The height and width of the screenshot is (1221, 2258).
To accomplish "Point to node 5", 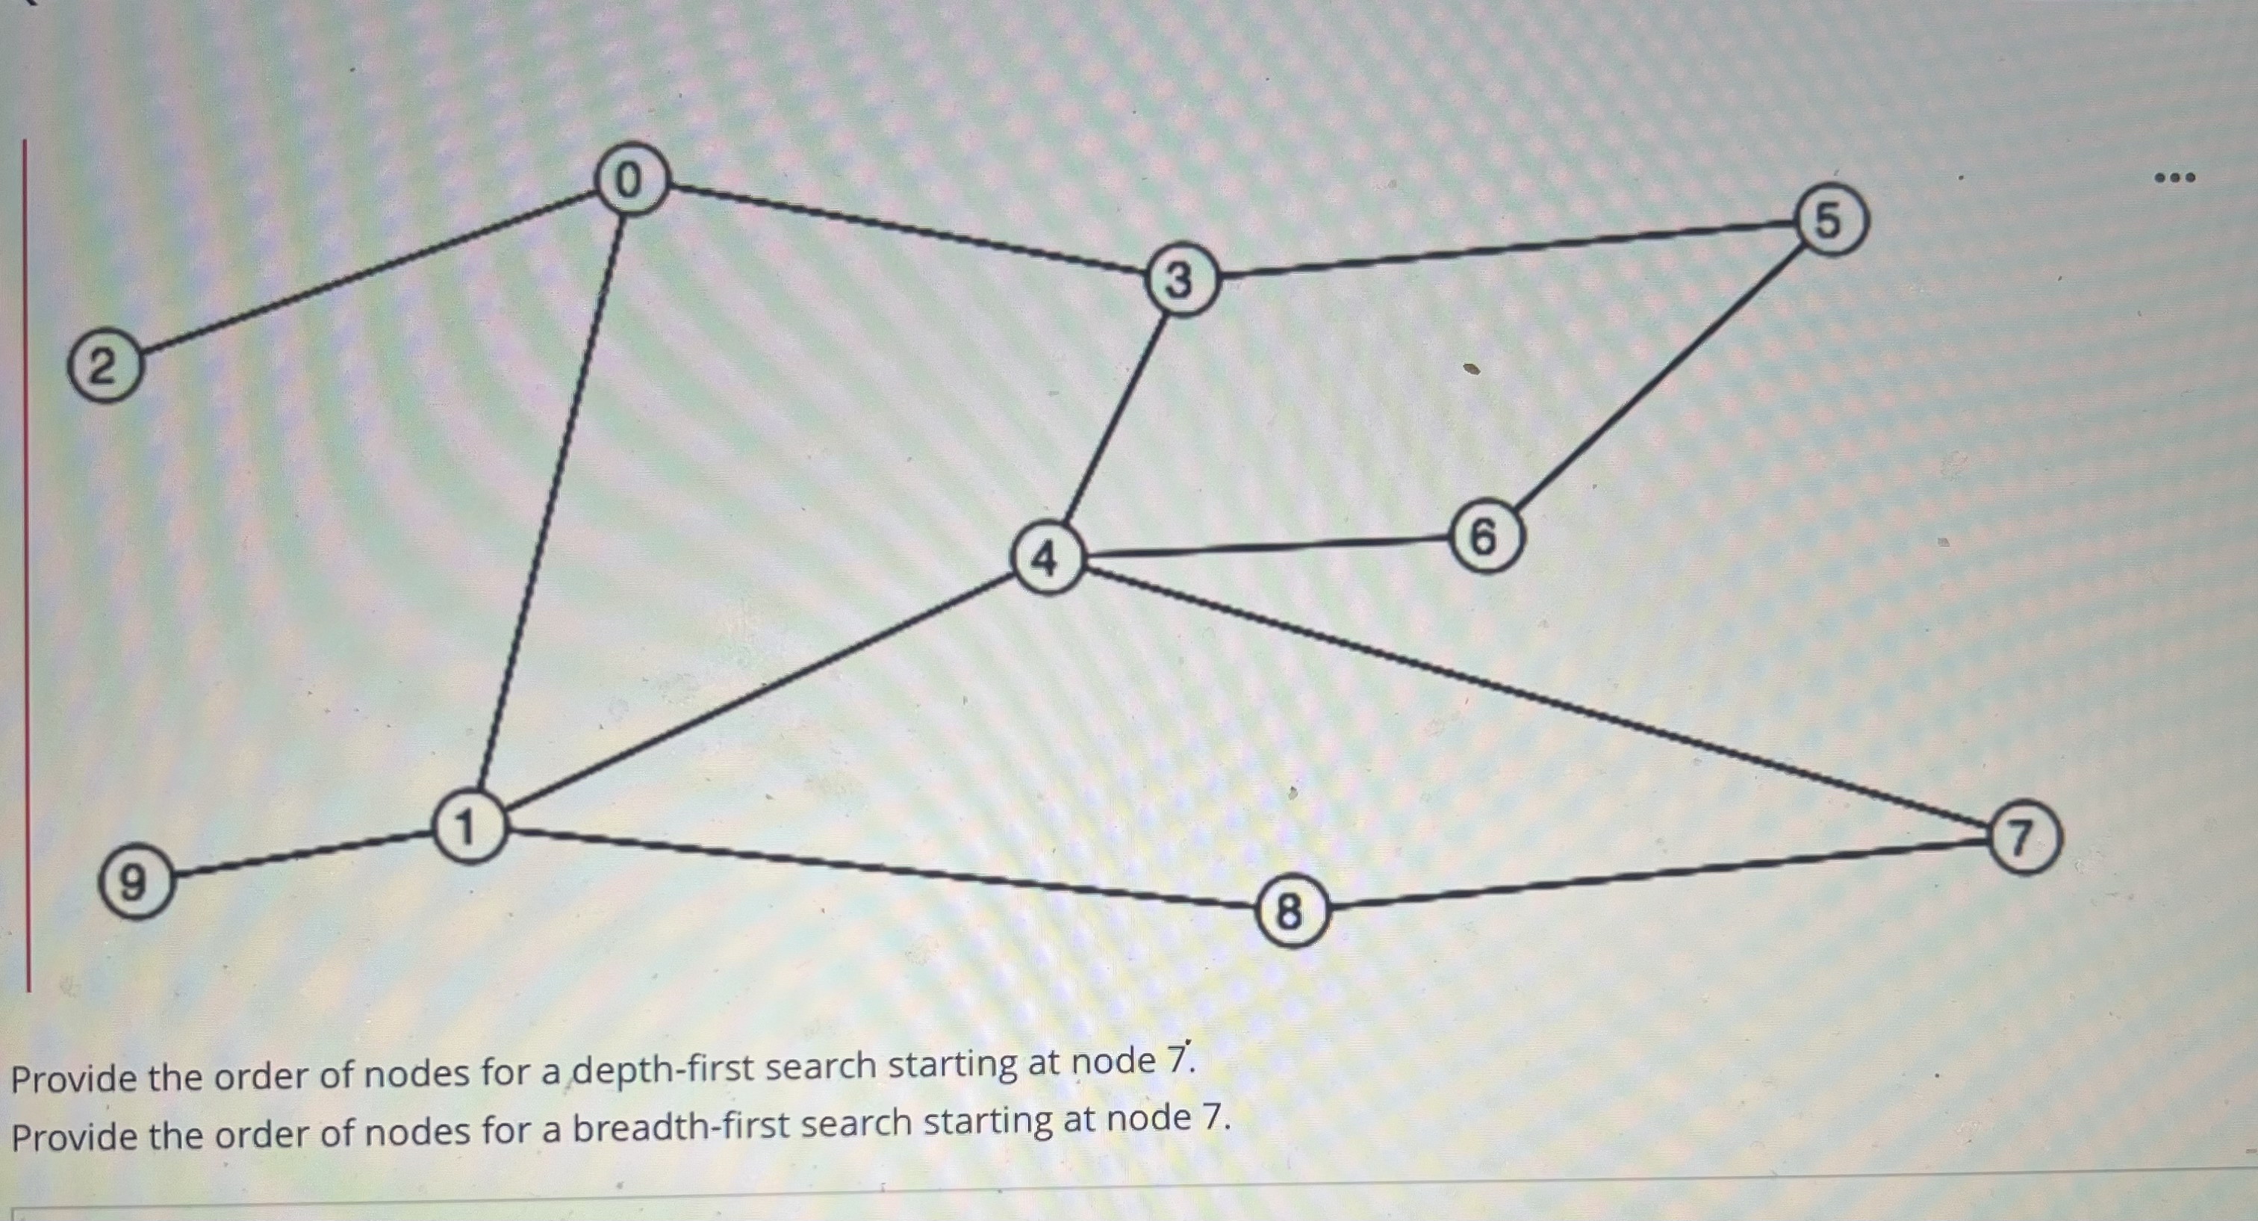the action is pyautogui.click(x=1830, y=219).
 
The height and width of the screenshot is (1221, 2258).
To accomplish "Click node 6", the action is pyautogui.click(x=1485, y=535).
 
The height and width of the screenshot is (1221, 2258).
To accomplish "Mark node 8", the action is pyautogui.click(x=1290, y=911).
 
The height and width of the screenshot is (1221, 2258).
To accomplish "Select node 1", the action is pyautogui.click(x=469, y=827).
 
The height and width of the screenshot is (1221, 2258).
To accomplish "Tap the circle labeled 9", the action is pyautogui.click(x=133, y=882).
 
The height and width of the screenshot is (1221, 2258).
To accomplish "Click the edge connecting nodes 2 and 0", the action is pyautogui.click(x=368, y=273).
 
